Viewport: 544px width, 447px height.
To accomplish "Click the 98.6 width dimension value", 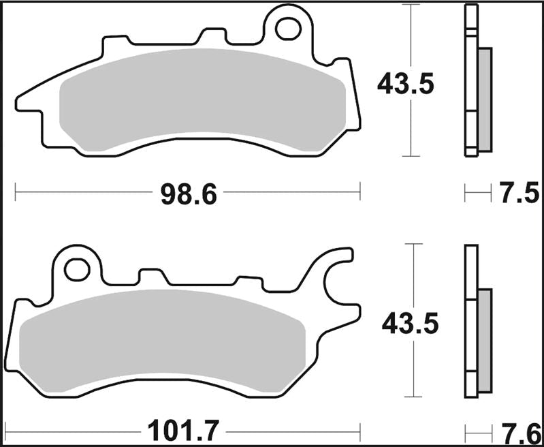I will point(188,195).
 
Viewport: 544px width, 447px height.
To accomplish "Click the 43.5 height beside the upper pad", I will point(406,84).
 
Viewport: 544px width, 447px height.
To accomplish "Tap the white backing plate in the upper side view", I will point(470,82).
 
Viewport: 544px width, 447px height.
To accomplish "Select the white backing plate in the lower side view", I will point(470,320).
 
